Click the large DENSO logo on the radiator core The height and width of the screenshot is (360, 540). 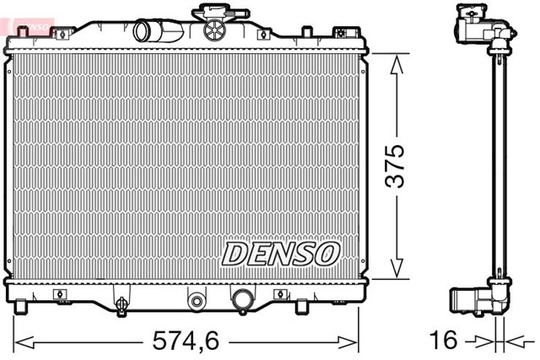[x=281, y=252]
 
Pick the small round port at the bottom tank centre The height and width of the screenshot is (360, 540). [x=197, y=300]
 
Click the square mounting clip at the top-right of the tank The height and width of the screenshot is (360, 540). [x=341, y=34]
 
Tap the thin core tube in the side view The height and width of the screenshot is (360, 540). [x=501, y=169]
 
